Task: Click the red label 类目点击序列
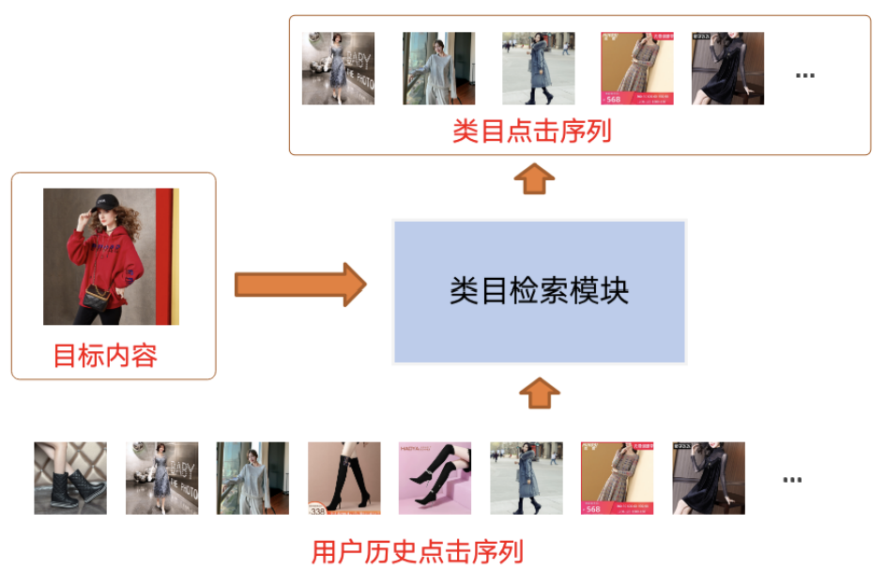[x=531, y=131]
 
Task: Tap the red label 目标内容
[x=104, y=355]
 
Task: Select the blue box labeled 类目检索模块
[x=539, y=291]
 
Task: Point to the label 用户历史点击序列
[x=417, y=551]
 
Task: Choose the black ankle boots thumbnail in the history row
[x=70, y=478]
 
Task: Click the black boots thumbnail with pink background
[x=435, y=478]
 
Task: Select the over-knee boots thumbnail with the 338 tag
[x=344, y=478]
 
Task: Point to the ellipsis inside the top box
[x=804, y=75]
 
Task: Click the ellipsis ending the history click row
[x=792, y=480]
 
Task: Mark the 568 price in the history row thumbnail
[x=593, y=508]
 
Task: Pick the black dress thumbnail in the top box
[x=727, y=69]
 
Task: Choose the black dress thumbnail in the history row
[x=708, y=478]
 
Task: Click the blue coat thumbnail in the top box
[x=538, y=69]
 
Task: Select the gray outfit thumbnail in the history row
[x=252, y=478]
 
